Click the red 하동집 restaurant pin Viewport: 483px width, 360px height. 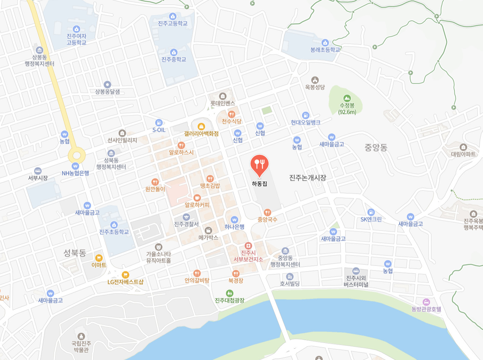(x=259, y=164)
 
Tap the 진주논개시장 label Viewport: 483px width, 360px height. (x=308, y=178)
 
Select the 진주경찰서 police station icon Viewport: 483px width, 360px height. (x=186, y=217)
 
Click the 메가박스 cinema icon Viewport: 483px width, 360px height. (x=208, y=230)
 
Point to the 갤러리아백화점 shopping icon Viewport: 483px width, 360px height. (x=201, y=126)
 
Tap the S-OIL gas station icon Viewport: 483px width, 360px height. (x=159, y=122)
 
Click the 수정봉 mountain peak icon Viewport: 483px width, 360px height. (x=347, y=98)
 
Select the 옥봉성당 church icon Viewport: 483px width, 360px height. (x=315, y=80)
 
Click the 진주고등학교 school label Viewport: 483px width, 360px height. (x=173, y=23)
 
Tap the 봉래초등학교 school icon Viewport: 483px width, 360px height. (x=325, y=43)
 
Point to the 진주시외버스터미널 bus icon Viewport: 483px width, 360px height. (x=356, y=271)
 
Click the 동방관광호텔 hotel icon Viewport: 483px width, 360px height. (x=426, y=302)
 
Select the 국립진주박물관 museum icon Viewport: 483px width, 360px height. (x=81, y=336)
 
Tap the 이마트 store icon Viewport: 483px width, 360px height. (x=99, y=258)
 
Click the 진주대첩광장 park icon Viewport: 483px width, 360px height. (x=229, y=293)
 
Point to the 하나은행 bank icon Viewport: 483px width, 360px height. (x=234, y=220)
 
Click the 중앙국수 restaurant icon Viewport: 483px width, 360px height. (x=267, y=212)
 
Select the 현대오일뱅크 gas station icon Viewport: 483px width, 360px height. (x=305, y=115)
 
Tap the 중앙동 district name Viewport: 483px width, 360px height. (x=376, y=148)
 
